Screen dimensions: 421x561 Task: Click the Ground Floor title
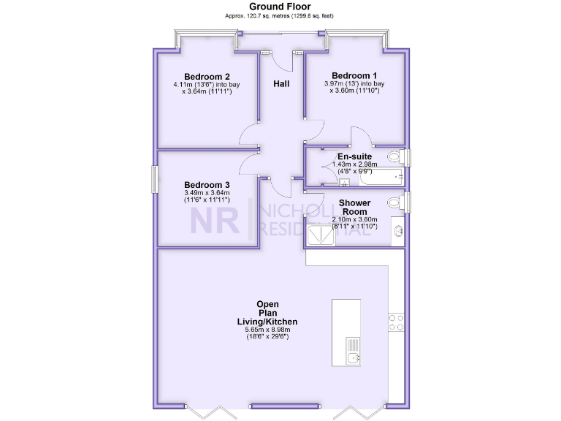(280, 7)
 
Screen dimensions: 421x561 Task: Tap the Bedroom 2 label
(207, 77)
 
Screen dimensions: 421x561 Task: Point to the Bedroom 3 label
(207, 184)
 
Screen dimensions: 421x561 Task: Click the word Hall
(281, 84)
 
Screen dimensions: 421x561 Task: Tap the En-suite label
(354, 156)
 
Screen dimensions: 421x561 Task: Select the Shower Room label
(354, 207)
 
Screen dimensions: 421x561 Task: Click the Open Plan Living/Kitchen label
(267, 313)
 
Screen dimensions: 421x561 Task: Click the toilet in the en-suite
(395, 156)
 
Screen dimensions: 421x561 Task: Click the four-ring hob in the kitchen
(397, 323)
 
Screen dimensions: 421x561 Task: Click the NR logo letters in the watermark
(215, 220)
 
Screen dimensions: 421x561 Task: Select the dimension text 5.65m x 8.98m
(267, 330)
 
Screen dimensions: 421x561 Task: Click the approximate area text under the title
(280, 15)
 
